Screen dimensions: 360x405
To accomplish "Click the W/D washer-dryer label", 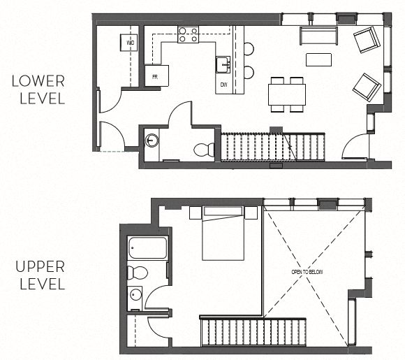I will coord(131,43).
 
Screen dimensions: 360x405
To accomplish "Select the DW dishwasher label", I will coord(224,85).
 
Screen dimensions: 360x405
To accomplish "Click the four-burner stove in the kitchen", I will coord(188,34).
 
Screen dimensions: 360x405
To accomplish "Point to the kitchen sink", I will coord(223,64).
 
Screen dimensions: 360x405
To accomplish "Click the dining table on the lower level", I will coord(287,94).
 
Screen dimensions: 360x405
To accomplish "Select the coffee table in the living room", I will coord(318,59).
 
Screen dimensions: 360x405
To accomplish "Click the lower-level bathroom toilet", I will coord(203,149).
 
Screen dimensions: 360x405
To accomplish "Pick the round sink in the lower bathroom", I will coord(153,141).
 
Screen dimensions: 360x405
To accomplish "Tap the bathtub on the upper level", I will coord(148,249).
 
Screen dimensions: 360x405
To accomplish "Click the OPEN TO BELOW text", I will coord(307,271).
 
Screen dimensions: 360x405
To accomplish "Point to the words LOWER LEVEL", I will coord(38,89).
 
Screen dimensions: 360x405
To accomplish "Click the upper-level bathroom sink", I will coord(135,297).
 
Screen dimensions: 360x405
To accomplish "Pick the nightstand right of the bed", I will coord(251,212).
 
